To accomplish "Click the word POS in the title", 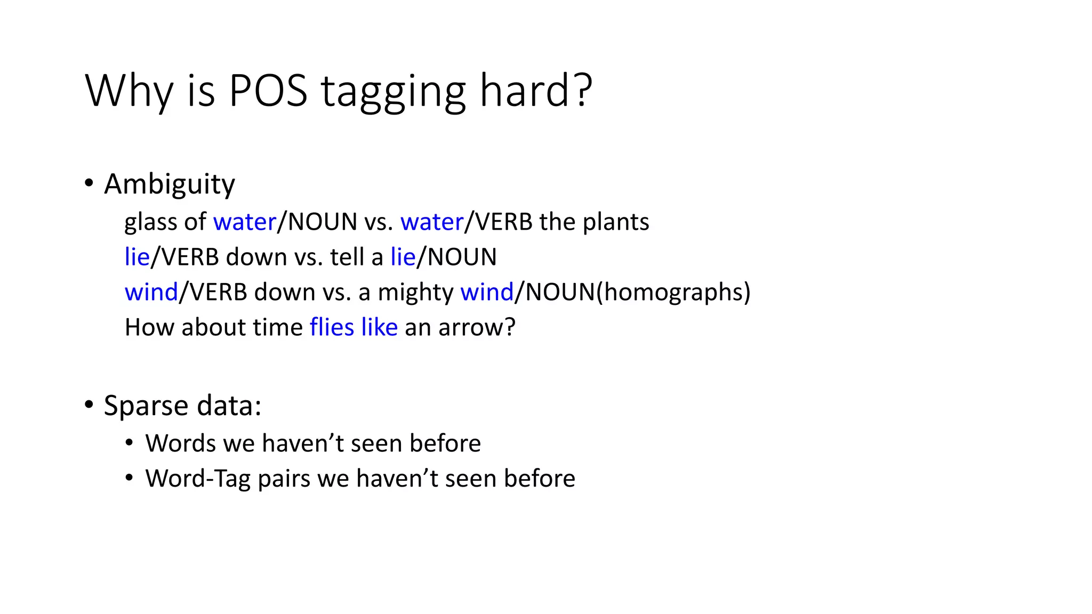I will (x=268, y=91).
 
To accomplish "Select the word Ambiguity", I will (x=170, y=184).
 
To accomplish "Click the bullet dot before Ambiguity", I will (x=89, y=183).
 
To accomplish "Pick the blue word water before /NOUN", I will (x=244, y=222).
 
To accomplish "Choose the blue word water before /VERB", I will (x=432, y=222).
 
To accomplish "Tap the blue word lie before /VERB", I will (x=137, y=257).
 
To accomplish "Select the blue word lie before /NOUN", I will (x=403, y=257).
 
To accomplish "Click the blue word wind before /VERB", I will (x=151, y=292).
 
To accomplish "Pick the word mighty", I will (x=415, y=293).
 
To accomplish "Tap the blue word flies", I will (x=332, y=327).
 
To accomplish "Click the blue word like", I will (x=379, y=327).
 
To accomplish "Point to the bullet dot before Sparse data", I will (x=89, y=405).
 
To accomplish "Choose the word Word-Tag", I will (x=198, y=479).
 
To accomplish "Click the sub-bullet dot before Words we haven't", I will (x=129, y=442).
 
